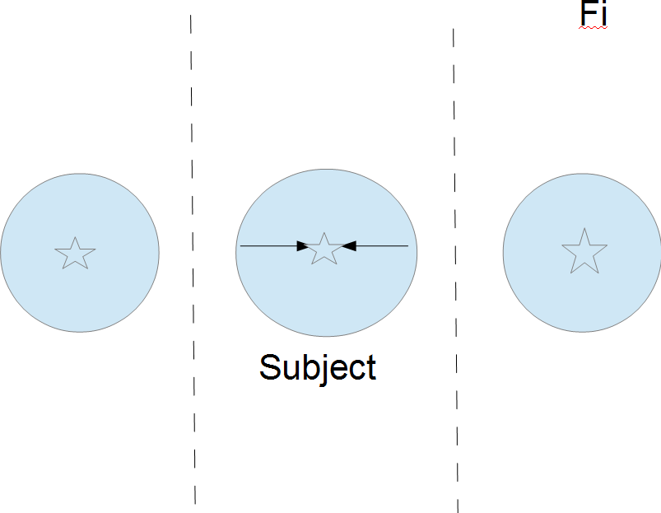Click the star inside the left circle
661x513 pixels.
click(75, 254)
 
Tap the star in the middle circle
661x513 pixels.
click(324, 249)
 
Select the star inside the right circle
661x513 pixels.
click(584, 252)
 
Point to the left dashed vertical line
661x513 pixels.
click(193, 329)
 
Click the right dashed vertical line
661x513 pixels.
click(455, 329)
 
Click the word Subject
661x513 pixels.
click(318, 367)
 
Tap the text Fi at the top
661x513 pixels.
click(594, 14)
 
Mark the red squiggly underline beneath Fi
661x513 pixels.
click(594, 28)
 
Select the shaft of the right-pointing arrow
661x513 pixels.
click(268, 245)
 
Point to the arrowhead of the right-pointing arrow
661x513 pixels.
click(302, 245)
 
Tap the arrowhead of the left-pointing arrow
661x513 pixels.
click(347, 245)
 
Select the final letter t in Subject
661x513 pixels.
click(371, 367)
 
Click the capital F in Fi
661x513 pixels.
click(588, 14)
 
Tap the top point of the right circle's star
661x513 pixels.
click(584, 231)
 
